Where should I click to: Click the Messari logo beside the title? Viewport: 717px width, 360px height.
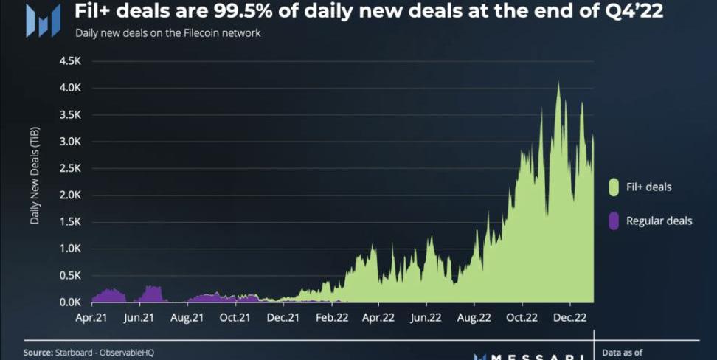click(42, 20)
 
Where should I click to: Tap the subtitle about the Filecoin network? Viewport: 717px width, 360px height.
click(167, 34)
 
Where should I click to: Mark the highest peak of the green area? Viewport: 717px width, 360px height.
click(558, 83)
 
